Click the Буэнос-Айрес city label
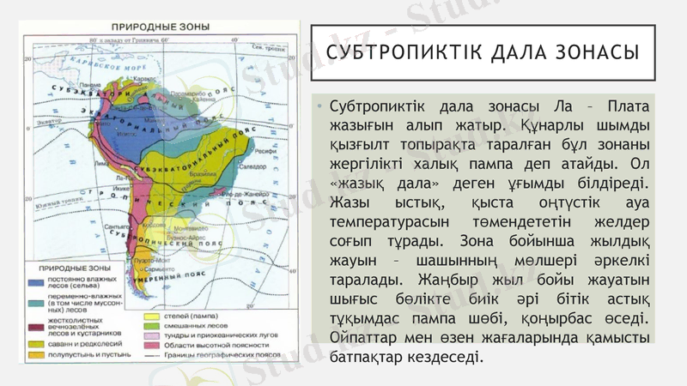185,237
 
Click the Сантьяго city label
115,226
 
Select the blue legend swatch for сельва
38,281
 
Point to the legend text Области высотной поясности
201,343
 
